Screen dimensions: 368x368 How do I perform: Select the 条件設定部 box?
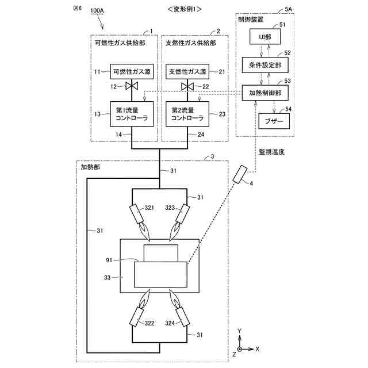264,65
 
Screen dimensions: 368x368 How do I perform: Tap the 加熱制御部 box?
264,93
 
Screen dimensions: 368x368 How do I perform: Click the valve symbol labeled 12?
133,87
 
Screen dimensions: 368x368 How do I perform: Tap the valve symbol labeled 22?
187,87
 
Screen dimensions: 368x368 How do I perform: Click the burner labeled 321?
138,216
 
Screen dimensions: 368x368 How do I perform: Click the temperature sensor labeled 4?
240,174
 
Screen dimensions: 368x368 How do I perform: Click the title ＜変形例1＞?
183,9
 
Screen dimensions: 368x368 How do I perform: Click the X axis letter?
257,348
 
